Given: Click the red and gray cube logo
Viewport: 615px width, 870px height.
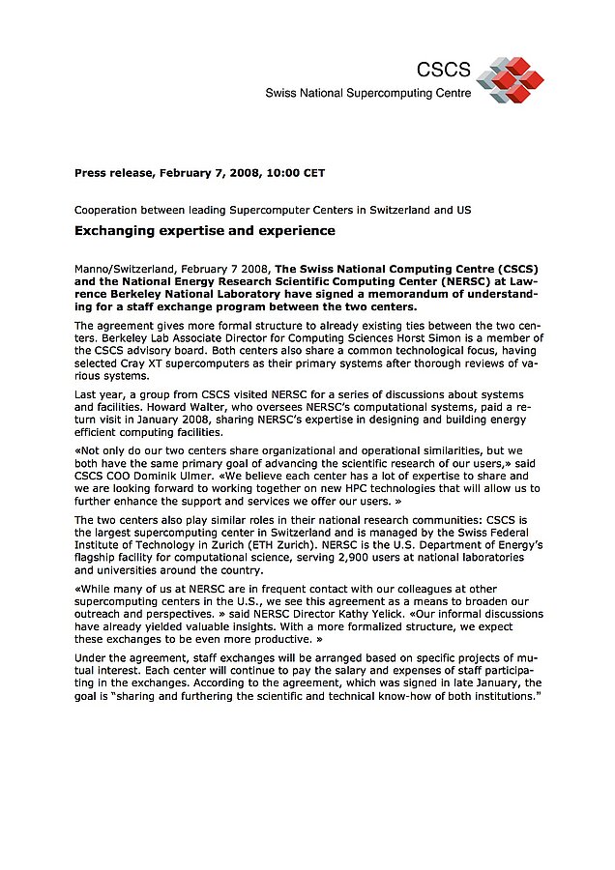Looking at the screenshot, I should point(510,78).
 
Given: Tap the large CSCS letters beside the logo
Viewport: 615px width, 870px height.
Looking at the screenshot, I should point(443,70).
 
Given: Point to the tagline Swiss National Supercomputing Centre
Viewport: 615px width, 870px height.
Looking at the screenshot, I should point(368,94).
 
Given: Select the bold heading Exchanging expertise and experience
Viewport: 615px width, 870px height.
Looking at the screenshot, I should point(205,231).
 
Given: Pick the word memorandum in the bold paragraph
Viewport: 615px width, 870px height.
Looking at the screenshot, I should point(410,293).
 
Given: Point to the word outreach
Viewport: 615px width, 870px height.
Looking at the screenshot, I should point(100,614).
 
